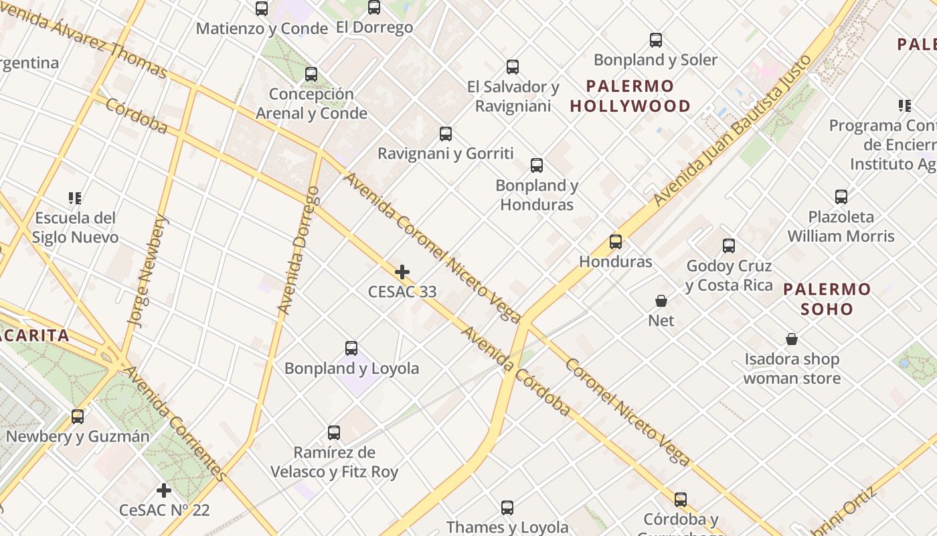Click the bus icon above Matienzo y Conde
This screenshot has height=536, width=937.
(x=262, y=9)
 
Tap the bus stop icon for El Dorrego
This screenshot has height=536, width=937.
(x=374, y=7)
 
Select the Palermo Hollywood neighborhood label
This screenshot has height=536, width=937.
(x=630, y=96)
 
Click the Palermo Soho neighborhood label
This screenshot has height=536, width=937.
(x=827, y=299)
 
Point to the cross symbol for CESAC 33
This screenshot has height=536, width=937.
(x=402, y=272)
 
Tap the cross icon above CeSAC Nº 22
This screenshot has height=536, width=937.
(x=164, y=490)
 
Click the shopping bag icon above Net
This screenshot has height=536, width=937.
(x=661, y=301)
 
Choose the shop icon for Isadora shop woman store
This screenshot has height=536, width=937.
(x=792, y=340)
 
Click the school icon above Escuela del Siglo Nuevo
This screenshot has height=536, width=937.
(x=75, y=198)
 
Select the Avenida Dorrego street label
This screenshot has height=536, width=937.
(x=299, y=251)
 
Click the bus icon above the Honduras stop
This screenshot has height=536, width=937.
(x=616, y=242)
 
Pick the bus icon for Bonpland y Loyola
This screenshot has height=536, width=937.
(x=351, y=348)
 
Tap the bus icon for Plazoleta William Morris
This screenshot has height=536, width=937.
(x=841, y=197)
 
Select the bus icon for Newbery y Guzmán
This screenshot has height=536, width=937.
(x=78, y=417)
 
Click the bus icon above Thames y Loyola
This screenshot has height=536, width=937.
(x=507, y=508)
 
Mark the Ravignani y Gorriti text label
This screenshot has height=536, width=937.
(x=446, y=153)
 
